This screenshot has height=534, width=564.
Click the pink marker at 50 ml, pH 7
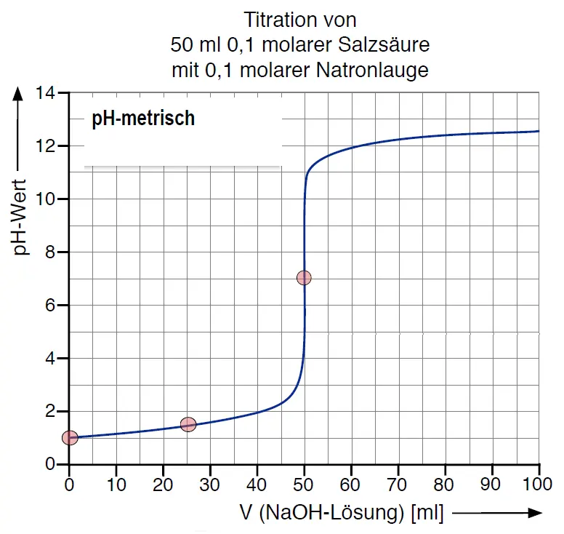[x=304, y=277]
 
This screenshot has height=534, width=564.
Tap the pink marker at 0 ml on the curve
[x=70, y=437]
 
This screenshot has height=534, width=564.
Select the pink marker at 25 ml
[x=188, y=424]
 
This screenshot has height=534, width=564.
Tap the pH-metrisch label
[x=143, y=119]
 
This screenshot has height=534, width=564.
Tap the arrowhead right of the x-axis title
[x=535, y=513]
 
